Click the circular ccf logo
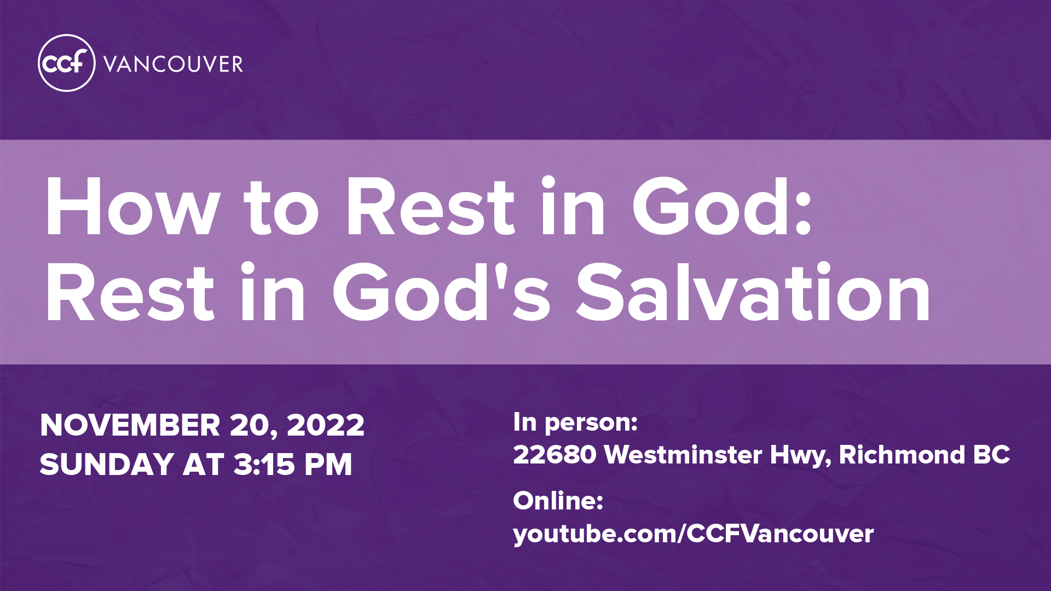point(67,63)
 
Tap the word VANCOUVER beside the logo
point(173,65)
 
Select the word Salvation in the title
point(753,292)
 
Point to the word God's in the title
point(441,292)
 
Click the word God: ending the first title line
point(721,207)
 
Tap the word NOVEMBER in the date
point(130,425)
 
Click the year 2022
point(325,425)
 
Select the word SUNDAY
point(107,465)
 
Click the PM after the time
point(328,465)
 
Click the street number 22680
point(555,455)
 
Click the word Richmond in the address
point(902,455)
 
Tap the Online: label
point(558,501)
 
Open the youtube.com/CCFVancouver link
point(694,534)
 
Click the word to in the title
point(281,210)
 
